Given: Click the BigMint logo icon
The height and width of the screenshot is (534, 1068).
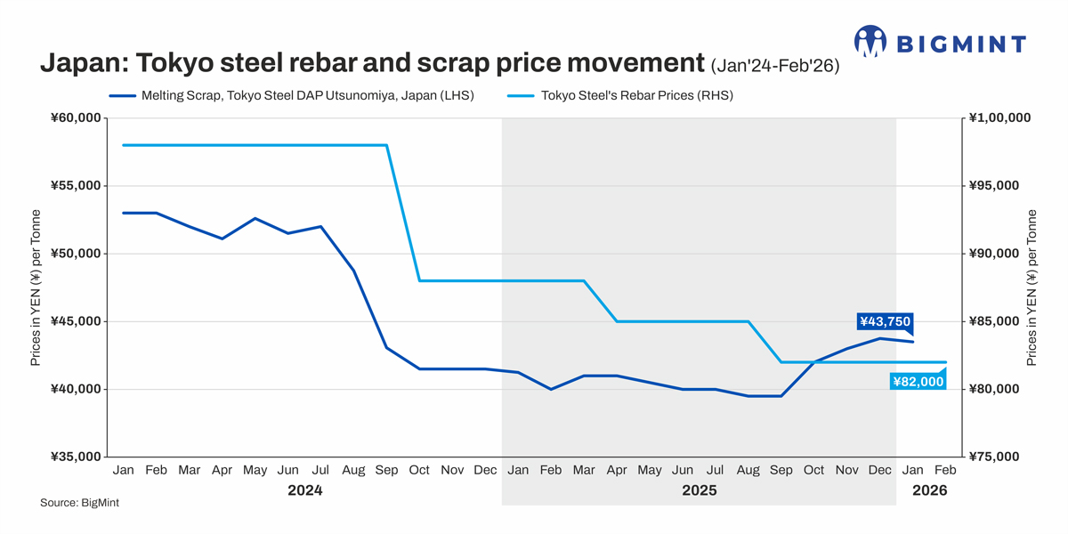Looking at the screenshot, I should click(870, 41).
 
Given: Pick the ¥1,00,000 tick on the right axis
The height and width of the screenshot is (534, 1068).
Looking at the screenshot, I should click(999, 118).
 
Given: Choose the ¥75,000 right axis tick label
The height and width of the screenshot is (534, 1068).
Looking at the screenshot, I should click(995, 457).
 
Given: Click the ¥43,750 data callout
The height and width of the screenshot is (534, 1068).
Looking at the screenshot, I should click(885, 322).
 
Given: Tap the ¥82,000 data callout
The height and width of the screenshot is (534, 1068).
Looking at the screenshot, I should click(918, 382).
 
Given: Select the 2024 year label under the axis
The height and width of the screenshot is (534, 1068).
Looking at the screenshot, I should click(304, 490).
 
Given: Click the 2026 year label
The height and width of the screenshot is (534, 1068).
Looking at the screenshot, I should click(929, 490).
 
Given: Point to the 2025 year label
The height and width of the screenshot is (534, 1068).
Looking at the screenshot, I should click(699, 490).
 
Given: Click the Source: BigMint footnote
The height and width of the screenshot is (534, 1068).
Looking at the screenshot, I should click(79, 504).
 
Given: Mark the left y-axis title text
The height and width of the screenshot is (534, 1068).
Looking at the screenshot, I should click(36, 287).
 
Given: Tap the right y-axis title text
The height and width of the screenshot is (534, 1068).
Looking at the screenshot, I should click(1032, 287).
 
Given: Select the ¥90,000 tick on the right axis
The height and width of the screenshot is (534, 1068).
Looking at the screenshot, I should click(995, 254).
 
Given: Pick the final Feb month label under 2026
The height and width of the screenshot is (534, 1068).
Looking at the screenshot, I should click(945, 470).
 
